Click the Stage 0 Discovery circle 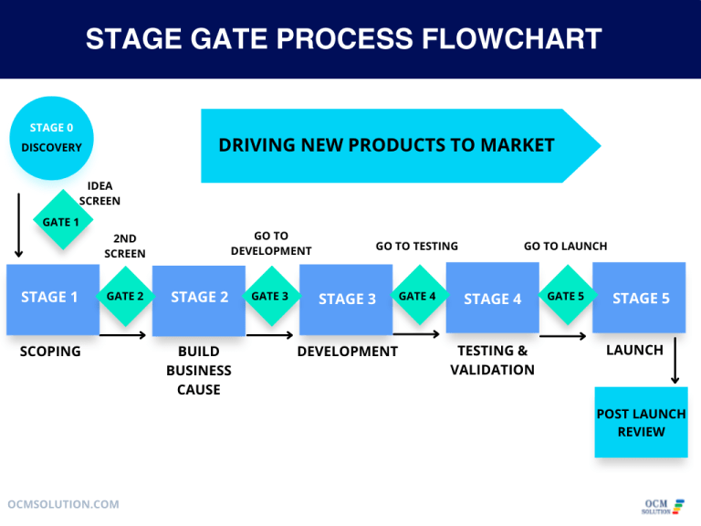[x=52, y=138]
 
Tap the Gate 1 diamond [x=62, y=221]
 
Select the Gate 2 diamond [x=125, y=296]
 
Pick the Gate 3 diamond [x=270, y=296]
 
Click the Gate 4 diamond [x=418, y=296]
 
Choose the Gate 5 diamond [x=566, y=296]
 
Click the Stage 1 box [x=52, y=299]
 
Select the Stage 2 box [x=199, y=299]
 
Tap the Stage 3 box [x=346, y=299]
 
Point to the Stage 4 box [x=492, y=298]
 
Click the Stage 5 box [x=639, y=298]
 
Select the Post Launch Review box [x=641, y=422]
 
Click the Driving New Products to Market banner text [x=386, y=145]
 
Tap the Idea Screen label [x=99, y=193]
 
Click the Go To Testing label [x=416, y=246]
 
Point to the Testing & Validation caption [x=492, y=360]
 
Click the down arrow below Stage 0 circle [x=18, y=224]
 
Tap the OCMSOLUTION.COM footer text [x=63, y=504]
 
